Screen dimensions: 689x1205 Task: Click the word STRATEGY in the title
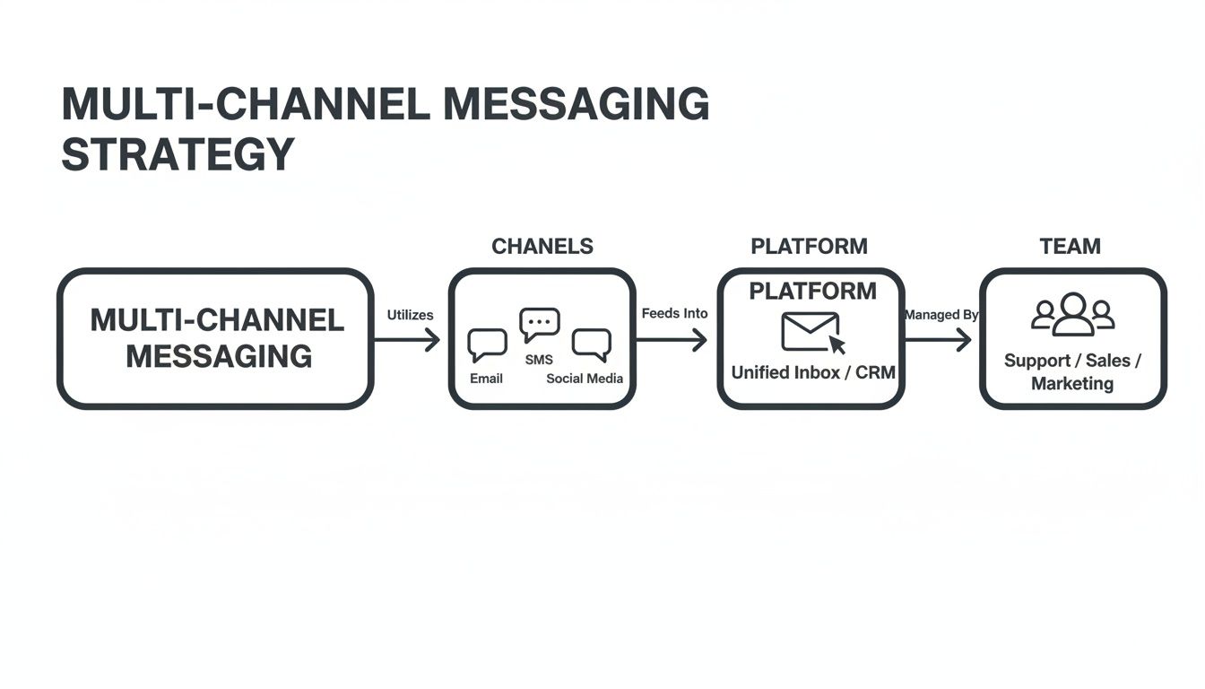(x=178, y=154)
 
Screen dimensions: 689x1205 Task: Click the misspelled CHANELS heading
(x=542, y=247)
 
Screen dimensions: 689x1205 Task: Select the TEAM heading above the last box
(x=1070, y=247)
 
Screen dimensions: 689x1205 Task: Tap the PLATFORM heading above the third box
(x=809, y=247)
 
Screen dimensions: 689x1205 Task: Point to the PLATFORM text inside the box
(x=812, y=292)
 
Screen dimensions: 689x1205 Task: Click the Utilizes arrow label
(x=410, y=315)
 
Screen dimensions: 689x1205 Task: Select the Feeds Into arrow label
(x=674, y=313)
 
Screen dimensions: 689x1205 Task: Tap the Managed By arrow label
(x=941, y=315)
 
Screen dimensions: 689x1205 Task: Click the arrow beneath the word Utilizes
(x=408, y=340)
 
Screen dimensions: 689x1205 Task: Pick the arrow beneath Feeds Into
(x=673, y=340)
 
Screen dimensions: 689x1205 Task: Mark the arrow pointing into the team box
(x=939, y=340)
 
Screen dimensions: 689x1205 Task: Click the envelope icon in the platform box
(x=811, y=331)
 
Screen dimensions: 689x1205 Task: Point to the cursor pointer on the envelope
(x=837, y=344)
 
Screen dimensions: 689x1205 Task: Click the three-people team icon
(x=1072, y=315)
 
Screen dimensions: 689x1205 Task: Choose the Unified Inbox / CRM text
(x=812, y=372)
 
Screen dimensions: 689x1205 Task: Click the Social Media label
(x=585, y=379)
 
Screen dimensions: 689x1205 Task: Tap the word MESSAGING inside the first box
(x=219, y=357)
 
